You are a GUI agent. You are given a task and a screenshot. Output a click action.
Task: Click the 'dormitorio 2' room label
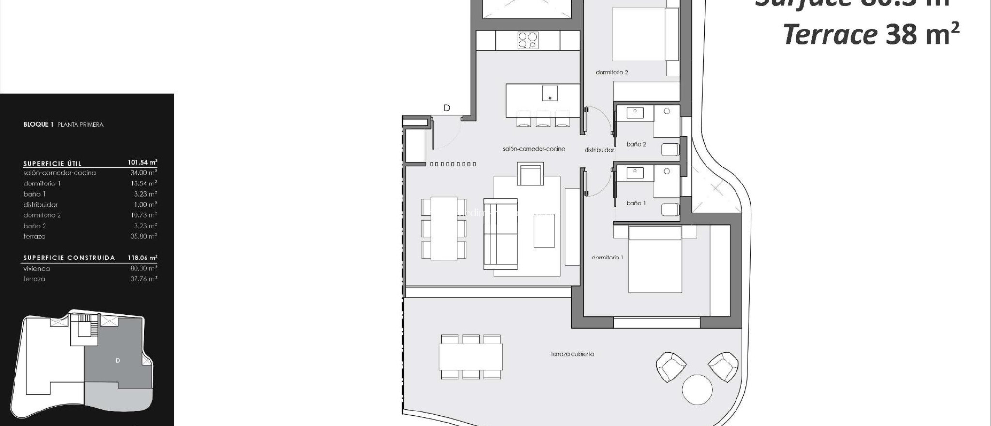[x=612, y=72]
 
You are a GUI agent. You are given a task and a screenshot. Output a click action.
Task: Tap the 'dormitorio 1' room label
[x=607, y=258]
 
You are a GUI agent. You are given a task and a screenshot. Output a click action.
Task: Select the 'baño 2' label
[x=636, y=144]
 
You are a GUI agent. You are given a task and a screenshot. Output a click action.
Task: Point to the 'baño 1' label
[x=636, y=203]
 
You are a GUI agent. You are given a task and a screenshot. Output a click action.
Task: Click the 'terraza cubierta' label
[x=572, y=354]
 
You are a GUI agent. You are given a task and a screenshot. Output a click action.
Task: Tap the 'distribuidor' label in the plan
[x=599, y=150]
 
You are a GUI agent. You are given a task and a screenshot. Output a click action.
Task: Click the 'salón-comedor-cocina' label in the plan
[x=534, y=149]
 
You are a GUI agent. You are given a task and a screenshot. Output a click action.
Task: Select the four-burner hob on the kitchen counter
[x=527, y=40]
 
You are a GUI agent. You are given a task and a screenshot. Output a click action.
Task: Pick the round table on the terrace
[x=697, y=389]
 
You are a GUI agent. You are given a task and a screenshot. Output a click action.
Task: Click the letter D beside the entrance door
[x=447, y=108]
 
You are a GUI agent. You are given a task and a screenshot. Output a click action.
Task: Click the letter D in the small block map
[x=118, y=360]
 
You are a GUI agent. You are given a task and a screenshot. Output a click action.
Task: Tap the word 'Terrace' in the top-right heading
[x=830, y=35]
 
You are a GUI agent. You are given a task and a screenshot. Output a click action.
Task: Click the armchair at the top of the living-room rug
[x=530, y=175]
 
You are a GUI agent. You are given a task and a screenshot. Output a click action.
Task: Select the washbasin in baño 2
[x=635, y=113]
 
